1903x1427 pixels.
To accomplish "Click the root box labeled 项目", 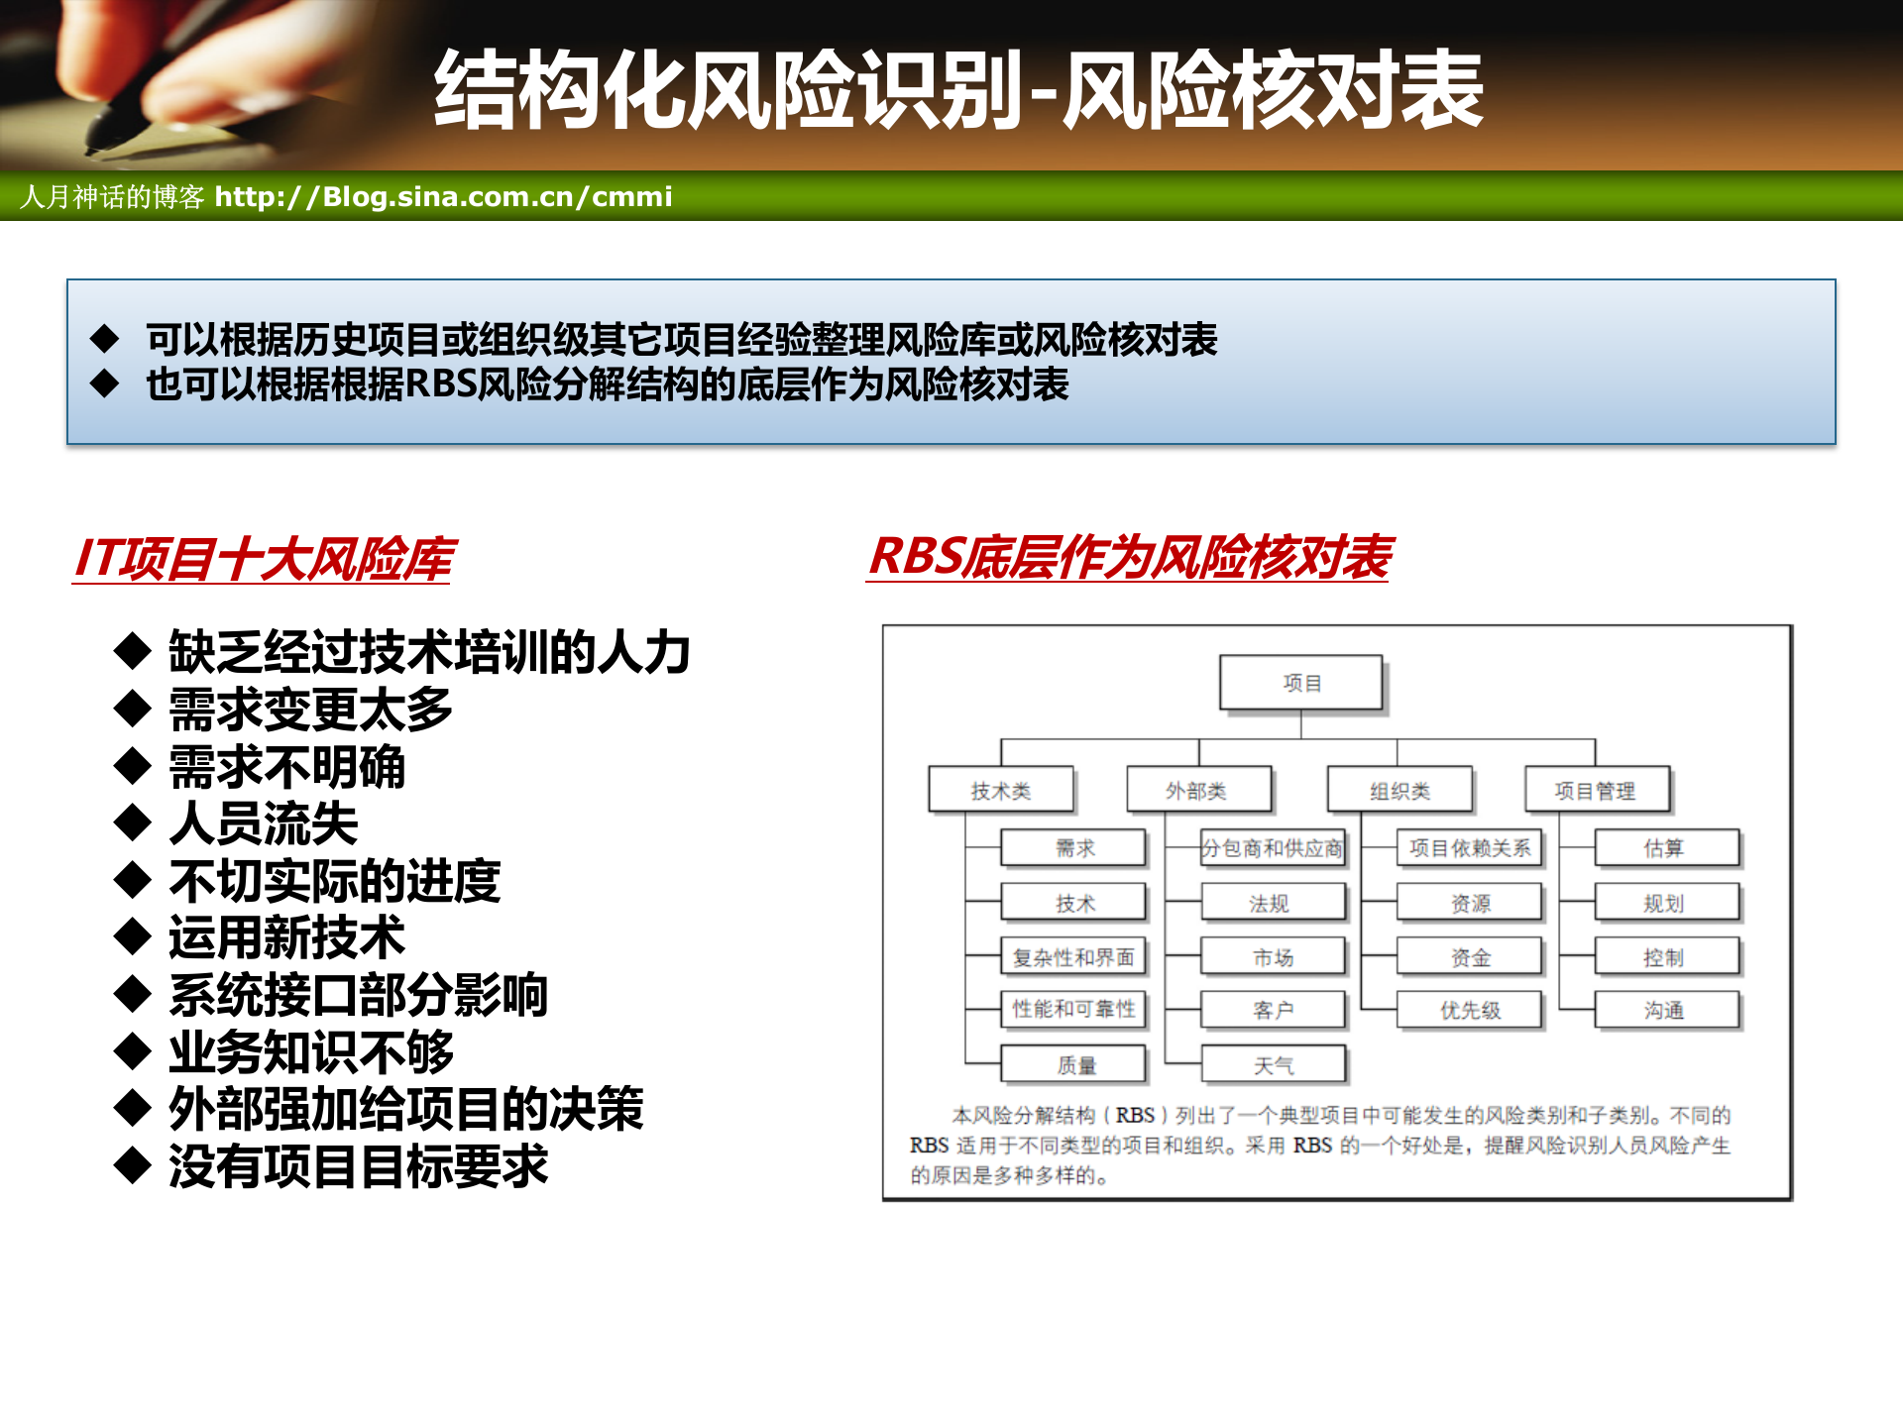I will [x=1300, y=683].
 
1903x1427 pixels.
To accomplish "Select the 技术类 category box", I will [x=1001, y=791].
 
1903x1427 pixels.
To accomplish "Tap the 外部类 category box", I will [x=1197, y=791].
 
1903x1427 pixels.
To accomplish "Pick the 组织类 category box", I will [x=1399, y=791].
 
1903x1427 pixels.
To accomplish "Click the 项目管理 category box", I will [x=1596, y=791].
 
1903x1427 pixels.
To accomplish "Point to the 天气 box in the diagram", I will [x=1274, y=1065].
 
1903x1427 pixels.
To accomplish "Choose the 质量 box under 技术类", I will [x=1074, y=1065].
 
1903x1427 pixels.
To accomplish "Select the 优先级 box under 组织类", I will [x=1470, y=1010].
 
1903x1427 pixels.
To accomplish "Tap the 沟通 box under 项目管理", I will [x=1665, y=1010].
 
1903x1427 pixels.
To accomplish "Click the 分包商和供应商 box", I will [x=1273, y=848].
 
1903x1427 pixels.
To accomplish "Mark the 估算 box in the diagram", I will [x=1665, y=848].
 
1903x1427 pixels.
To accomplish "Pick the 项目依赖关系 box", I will [x=1470, y=848].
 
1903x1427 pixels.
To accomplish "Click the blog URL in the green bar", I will [x=443, y=196].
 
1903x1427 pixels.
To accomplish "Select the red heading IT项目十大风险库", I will [x=264, y=559].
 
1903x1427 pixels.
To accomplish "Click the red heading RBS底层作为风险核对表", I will [x=1130, y=557].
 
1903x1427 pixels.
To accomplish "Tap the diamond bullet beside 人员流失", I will [x=132, y=823].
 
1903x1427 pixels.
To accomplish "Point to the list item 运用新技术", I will [x=287, y=937].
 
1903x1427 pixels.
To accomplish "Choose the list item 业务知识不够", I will [x=311, y=1052].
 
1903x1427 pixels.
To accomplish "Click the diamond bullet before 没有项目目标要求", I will [x=132, y=1165].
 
